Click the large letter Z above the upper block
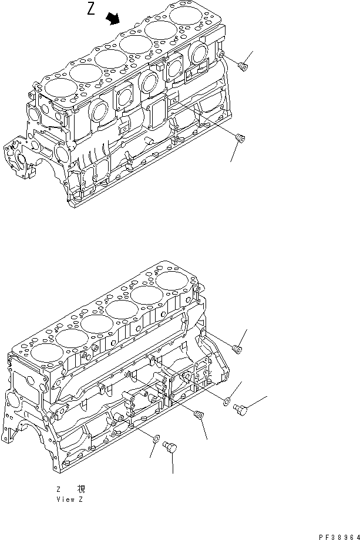tap(91, 10)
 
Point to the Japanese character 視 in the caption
tap(80, 488)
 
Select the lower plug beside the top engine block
tap(239, 138)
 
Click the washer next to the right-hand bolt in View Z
tap(227, 401)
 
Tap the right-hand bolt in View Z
tap(240, 408)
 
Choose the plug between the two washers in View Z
tap(198, 416)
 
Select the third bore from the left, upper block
tap(109, 58)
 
